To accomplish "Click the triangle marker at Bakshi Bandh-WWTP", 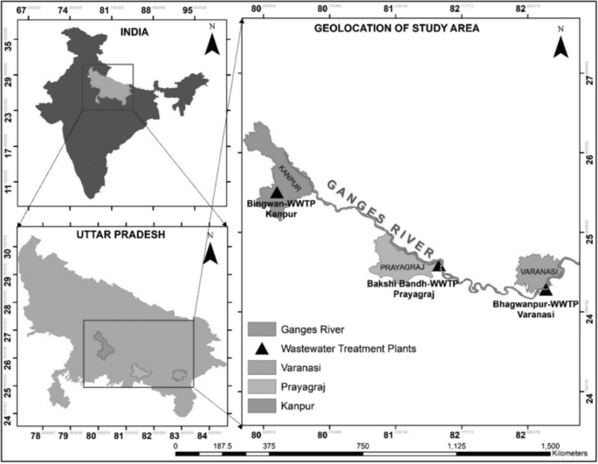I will tap(438, 265).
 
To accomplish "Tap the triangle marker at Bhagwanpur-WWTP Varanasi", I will tap(546, 289).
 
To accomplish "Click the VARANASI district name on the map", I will tap(537, 272).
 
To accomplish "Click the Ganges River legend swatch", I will tap(261, 329).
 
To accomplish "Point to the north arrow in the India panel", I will tap(210, 45).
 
